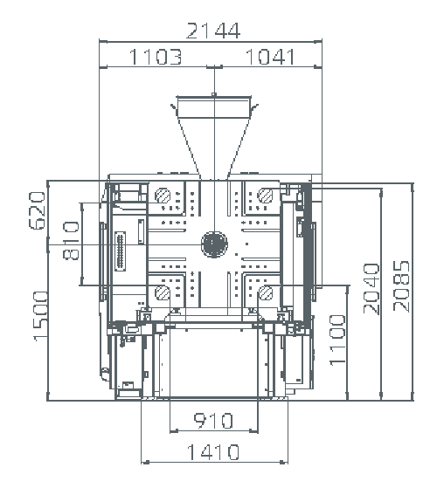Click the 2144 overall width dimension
213,31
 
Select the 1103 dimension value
155,57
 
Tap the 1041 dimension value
270,57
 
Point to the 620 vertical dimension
37,210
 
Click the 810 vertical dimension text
71,240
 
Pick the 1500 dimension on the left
41,316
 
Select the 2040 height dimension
371,288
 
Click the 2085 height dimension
401,286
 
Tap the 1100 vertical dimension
337,340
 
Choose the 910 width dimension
213,421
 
